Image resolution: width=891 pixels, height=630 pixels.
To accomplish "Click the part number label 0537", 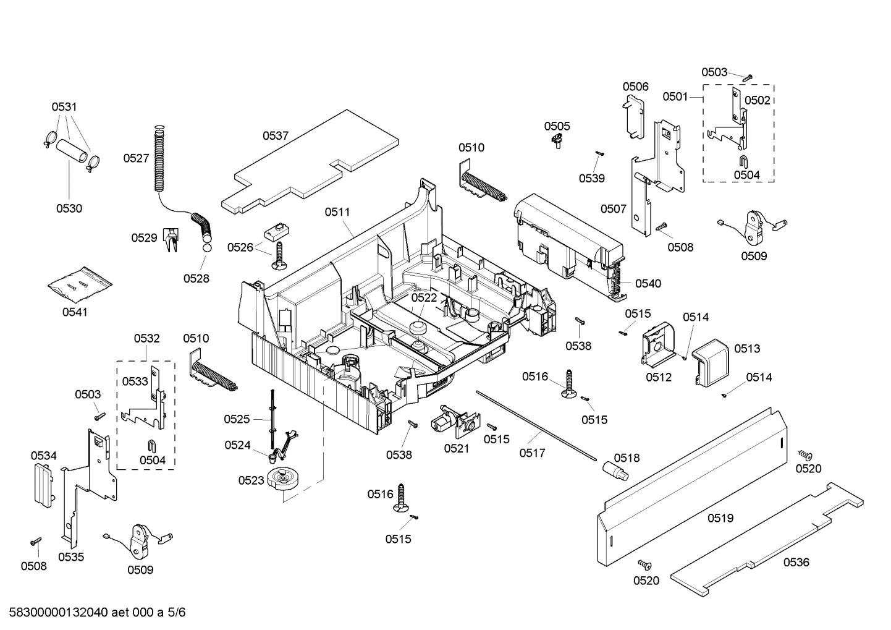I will coord(276,136).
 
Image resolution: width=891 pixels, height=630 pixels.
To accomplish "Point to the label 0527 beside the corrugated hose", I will coord(136,158).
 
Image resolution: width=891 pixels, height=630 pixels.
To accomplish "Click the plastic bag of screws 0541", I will coord(80,285).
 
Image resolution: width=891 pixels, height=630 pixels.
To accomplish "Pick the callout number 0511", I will coord(337,212).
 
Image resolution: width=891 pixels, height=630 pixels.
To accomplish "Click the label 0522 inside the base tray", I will coord(424,297).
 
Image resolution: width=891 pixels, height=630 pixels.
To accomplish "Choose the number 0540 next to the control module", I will coord(648,284).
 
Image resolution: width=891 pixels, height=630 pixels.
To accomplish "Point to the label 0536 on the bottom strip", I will coord(796,562).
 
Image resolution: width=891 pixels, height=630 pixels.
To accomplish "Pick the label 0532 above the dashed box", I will coord(146,339).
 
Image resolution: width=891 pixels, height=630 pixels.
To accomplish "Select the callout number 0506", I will coord(635,87).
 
